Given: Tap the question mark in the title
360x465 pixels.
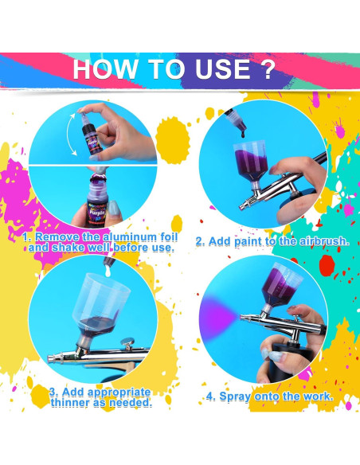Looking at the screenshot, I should [264, 68].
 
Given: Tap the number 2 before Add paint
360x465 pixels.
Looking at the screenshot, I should [201, 241].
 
